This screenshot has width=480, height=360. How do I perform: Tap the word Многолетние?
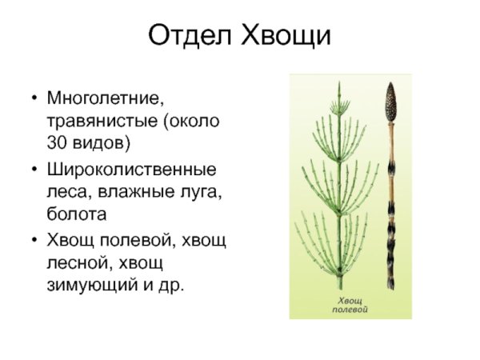(x=105, y=101)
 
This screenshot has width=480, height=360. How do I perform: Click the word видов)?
(x=102, y=144)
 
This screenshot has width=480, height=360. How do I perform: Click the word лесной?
(x=78, y=262)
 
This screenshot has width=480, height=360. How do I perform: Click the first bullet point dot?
(x=34, y=102)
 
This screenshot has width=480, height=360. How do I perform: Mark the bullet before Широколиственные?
(x=34, y=171)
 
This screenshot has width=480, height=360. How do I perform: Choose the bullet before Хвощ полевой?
(x=34, y=241)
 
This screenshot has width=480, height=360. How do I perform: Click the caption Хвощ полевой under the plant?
(x=350, y=305)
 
